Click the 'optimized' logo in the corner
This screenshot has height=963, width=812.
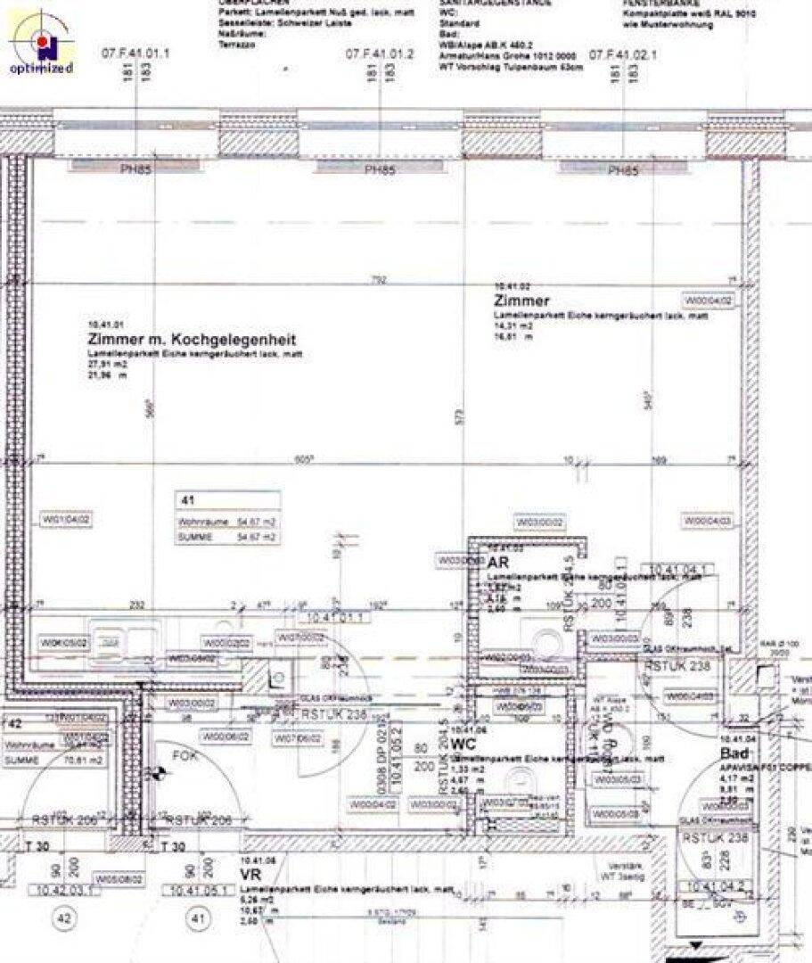[x=41, y=42]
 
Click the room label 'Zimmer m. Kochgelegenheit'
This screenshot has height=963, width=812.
[x=192, y=340]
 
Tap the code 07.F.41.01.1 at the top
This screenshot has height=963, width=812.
[x=135, y=53]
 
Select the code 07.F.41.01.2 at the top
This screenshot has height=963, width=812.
[x=381, y=53]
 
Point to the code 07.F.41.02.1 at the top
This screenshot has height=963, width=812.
[x=623, y=53]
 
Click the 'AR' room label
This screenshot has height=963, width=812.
[x=497, y=562]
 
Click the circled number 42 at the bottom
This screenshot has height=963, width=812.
[x=63, y=918]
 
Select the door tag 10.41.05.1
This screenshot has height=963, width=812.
[x=199, y=889]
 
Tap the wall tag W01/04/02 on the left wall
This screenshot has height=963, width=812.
[x=68, y=519]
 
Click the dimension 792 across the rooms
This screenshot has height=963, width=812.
[x=380, y=281]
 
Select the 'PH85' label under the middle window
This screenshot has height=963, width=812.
[x=380, y=171]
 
